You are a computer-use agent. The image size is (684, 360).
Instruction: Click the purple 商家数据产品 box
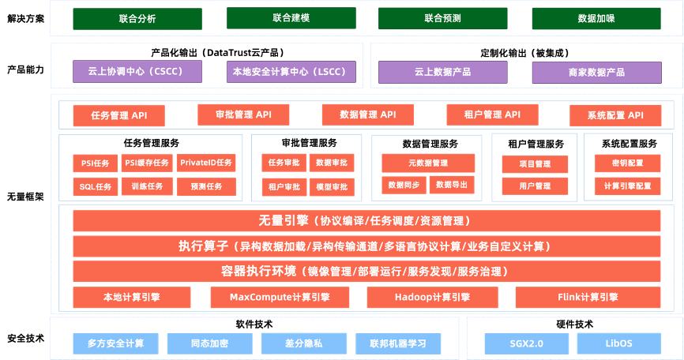(596, 73)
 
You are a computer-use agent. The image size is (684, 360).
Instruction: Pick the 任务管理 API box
(119, 116)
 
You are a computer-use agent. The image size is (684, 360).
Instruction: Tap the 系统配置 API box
(615, 116)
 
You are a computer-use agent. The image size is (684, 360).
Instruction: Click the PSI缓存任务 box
(147, 163)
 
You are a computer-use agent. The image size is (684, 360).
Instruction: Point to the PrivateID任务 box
(206, 163)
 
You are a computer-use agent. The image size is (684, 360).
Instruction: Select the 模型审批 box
(331, 188)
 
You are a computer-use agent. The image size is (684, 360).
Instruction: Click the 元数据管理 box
(428, 163)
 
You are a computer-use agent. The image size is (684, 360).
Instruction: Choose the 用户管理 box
(535, 187)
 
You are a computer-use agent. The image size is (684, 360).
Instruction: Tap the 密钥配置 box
(628, 163)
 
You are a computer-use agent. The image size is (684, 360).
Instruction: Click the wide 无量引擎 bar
(366, 222)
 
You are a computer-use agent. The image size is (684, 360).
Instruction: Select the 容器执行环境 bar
(366, 272)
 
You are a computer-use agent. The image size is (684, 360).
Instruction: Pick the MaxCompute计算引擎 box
(280, 298)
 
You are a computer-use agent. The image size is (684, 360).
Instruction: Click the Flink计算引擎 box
(588, 298)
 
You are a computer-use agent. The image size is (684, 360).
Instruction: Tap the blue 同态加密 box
(209, 343)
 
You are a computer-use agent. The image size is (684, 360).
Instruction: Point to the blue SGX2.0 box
(525, 343)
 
